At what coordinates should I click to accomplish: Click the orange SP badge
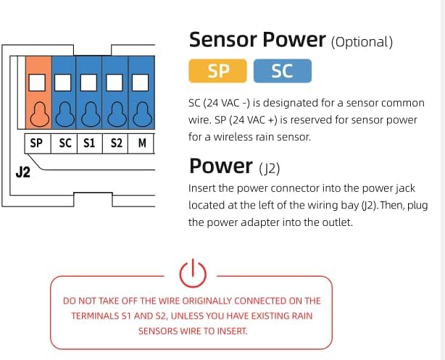(x=217, y=71)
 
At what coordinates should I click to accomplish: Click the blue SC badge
(x=283, y=71)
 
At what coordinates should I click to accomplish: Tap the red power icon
(x=193, y=273)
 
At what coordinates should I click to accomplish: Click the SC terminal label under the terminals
(x=65, y=143)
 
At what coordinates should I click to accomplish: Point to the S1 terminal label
(x=89, y=143)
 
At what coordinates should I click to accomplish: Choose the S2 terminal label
(x=116, y=143)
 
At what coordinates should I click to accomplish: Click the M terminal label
(x=142, y=143)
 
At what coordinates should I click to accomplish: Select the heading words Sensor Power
(x=257, y=39)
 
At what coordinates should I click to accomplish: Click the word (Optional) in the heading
(x=362, y=41)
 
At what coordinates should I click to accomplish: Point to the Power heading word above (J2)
(x=220, y=166)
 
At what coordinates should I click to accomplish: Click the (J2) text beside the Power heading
(x=270, y=168)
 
